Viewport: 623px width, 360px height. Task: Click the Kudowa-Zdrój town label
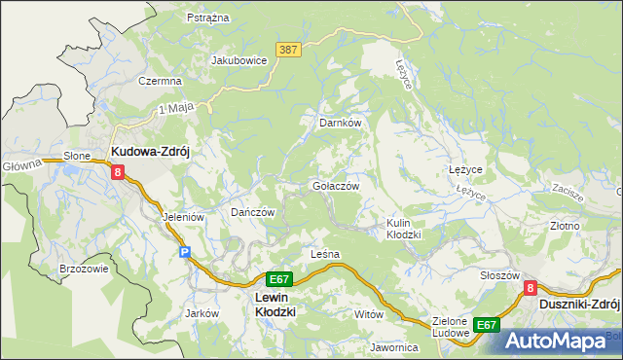155,152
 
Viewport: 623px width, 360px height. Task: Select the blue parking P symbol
185,252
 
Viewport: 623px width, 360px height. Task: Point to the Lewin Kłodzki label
275,305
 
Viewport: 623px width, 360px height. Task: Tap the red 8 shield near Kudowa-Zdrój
119,172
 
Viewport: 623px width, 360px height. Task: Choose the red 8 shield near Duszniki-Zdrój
531,288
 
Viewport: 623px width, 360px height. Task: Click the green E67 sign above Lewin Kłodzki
278,278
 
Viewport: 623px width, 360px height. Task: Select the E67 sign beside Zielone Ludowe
487,325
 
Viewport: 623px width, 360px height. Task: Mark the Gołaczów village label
336,186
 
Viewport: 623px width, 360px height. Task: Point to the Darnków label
341,124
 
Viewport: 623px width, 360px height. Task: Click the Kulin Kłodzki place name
403,229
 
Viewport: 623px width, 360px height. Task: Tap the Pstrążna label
207,18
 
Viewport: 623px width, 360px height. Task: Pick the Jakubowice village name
239,60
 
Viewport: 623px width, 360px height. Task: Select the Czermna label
162,81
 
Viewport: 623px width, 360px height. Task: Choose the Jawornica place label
393,347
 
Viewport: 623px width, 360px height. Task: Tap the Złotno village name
565,226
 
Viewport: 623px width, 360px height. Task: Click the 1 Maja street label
172,109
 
